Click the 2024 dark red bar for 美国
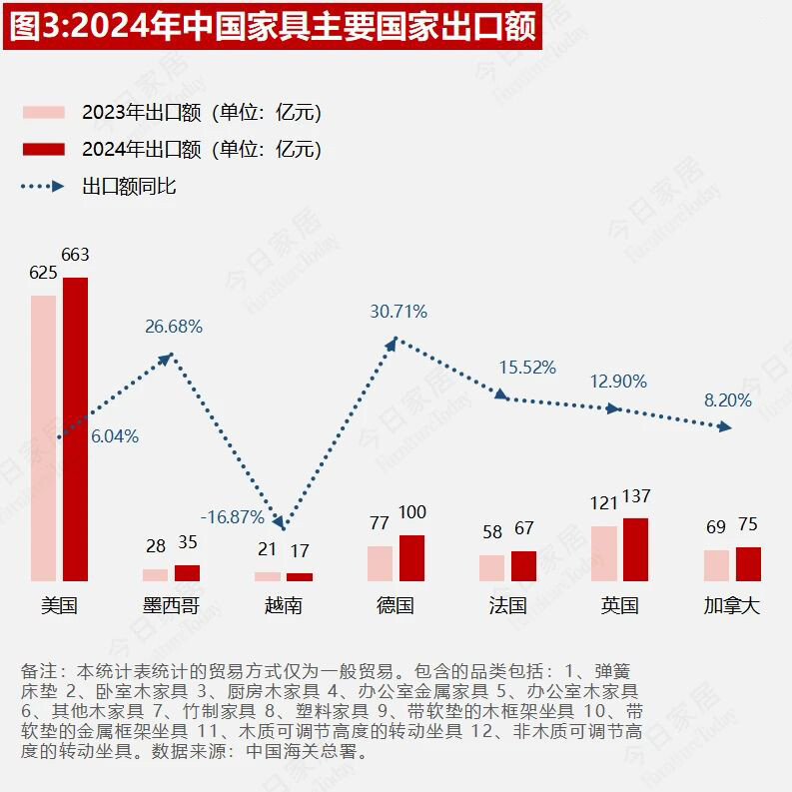pos(75,429)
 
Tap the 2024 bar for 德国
pos(411,558)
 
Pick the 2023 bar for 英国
pos(603,553)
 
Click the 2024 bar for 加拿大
pos(748,564)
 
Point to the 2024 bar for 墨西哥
pos(187,573)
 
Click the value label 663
pos(75,255)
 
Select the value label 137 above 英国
pos(636,496)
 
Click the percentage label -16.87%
pos(232,517)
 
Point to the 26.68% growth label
pos(174,327)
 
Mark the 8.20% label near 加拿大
pos(728,400)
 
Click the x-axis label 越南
pos(284,606)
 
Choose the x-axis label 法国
pos(507,606)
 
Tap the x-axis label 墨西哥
pos(171,606)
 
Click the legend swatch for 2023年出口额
pos(43,112)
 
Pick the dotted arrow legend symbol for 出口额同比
pos(43,187)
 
